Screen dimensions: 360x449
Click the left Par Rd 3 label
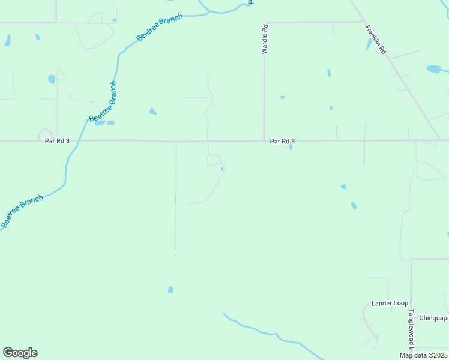(57, 141)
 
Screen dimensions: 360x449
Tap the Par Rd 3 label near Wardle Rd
(282, 141)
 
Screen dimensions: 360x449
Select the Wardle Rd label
(264, 40)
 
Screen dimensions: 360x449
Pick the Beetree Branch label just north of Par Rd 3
(103, 101)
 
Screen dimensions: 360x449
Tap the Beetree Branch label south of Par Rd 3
(22, 211)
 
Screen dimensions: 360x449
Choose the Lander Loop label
(390, 303)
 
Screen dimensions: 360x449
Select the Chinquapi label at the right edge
(433, 318)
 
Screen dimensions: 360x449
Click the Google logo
(20, 353)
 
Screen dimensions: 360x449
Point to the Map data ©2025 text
(424, 355)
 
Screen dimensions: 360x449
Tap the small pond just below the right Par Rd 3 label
(291, 147)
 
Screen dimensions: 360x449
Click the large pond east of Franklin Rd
(433, 70)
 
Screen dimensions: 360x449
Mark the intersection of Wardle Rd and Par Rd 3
(264, 142)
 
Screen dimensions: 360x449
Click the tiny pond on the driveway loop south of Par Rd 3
(222, 169)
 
